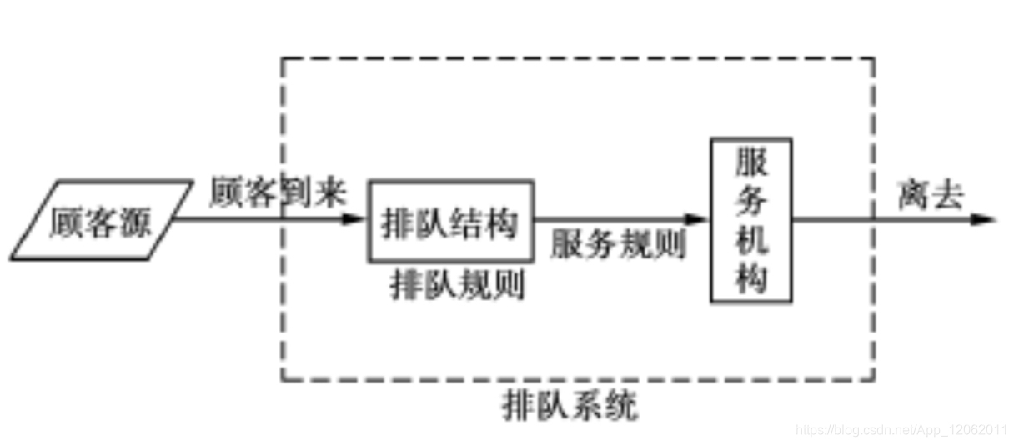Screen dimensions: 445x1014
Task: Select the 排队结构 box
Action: (x=451, y=221)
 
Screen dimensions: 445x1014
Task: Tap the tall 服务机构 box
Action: (x=750, y=220)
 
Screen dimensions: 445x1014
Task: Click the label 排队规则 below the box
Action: (x=458, y=286)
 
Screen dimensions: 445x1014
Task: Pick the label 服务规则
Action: (x=618, y=244)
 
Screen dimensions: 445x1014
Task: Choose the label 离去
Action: (x=931, y=197)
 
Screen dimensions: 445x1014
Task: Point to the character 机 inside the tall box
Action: (x=750, y=241)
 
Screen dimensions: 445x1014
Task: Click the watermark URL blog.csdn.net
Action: (x=901, y=430)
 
